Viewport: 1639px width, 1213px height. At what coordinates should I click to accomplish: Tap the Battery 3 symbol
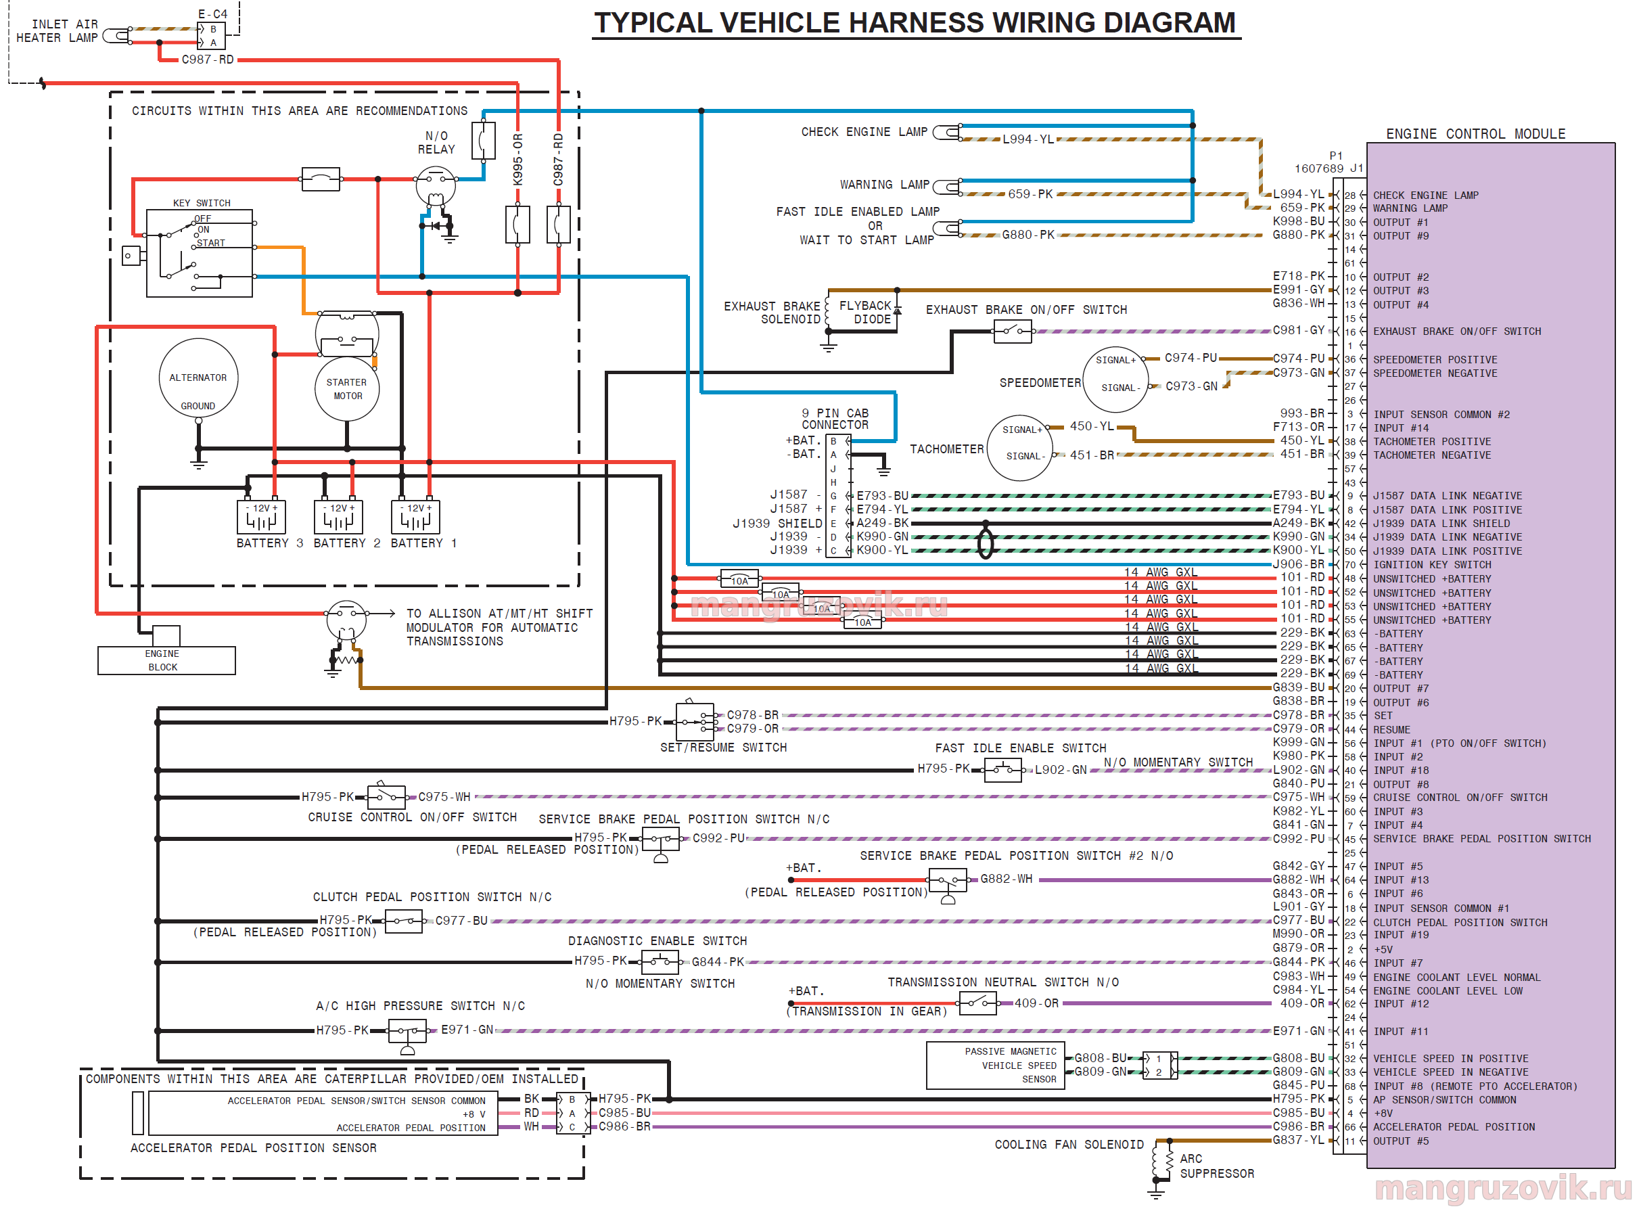click(261, 517)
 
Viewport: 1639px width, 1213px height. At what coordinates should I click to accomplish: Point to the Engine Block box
click(166, 660)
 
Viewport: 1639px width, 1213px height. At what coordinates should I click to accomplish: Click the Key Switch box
click(200, 253)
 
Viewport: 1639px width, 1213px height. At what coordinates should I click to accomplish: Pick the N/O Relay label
click(436, 143)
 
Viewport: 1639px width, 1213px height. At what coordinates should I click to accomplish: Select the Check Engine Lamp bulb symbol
click(948, 132)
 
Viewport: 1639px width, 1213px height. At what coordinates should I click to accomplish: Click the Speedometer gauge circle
click(1115, 379)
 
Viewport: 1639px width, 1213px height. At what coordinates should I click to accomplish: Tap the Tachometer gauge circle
click(1020, 448)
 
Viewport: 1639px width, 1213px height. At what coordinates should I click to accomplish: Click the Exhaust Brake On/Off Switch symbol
click(1012, 332)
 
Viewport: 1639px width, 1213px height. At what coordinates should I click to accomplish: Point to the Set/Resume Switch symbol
click(694, 722)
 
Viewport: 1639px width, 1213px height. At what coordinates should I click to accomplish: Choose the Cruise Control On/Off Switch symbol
click(387, 797)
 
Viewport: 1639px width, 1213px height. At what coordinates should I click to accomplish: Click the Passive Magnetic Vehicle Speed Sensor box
click(994, 1066)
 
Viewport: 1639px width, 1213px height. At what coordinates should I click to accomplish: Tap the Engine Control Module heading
click(1475, 134)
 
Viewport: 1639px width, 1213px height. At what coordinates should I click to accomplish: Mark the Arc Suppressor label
click(1217, 1166)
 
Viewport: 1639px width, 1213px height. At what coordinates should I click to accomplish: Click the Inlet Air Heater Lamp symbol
click(116, 35)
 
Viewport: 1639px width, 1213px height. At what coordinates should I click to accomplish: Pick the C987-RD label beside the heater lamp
click(208, 60)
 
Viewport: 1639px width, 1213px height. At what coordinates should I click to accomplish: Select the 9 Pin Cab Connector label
click(835, 419)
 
